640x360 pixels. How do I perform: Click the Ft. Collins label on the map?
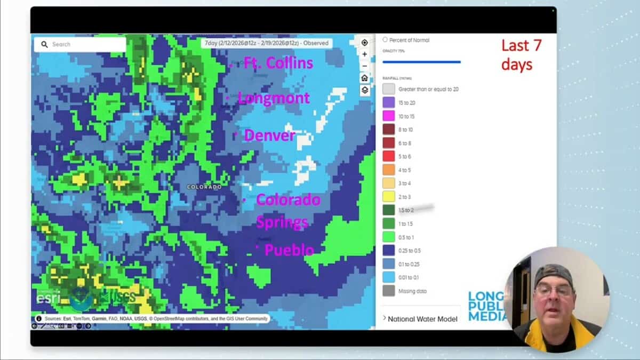[278, 63]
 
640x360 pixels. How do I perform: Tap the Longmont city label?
[273, 98]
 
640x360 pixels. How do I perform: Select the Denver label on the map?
[269, 135]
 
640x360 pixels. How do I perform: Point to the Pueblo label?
[289, 250]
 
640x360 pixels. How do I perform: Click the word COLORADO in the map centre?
[204, 187]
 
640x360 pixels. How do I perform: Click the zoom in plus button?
[364, 54]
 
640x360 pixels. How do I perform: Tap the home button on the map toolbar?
[364, 78]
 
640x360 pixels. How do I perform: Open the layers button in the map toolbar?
[364, 90]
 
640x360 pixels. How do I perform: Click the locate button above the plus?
[364, 43]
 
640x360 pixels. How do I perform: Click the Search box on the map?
[80, 44]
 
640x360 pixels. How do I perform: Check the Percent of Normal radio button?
[385, 40]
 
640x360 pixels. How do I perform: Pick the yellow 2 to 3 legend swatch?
[389, 197]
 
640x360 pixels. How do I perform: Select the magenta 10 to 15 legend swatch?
[389, 116]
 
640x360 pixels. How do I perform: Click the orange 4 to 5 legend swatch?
[389, 170]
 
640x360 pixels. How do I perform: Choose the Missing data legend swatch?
[389, 291]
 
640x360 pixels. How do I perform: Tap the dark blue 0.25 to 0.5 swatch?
[389, 251]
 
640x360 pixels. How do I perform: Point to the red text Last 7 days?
[521, 55]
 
